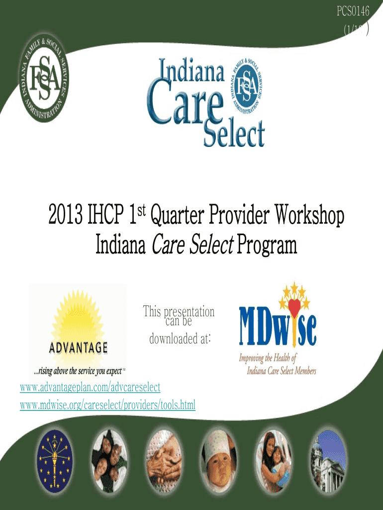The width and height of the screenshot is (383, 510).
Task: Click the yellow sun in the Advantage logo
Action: coord(78,314)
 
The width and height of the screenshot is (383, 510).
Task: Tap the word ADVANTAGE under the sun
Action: coord(78,347)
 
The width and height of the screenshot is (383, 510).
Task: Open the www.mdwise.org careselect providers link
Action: coord(107,405)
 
